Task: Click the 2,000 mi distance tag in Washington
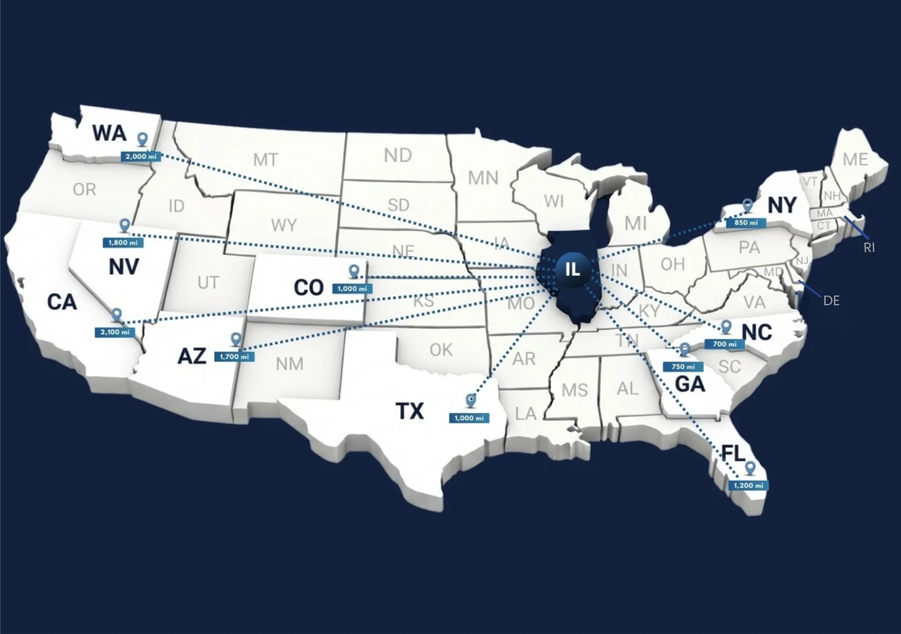point(141,157)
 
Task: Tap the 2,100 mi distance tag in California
point(115,332)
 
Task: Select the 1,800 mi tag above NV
point(123,242)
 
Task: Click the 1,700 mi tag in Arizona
point(234,357)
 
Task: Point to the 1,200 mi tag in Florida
point(748,486)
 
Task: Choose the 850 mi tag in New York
point(746,223)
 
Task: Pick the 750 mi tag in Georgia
point(683,366)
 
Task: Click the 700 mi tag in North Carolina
point(725,344)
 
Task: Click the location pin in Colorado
point(354,271)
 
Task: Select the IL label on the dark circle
point(572,269)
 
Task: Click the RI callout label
point(869,248)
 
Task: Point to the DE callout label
point(831,301)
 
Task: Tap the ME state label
point(855,160)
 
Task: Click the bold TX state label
point(410,411)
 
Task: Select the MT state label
point(265,160)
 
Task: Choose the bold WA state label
point(110,133)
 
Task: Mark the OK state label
point(441,350)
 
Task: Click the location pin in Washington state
point(142,139)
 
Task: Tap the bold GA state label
point(690,385)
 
